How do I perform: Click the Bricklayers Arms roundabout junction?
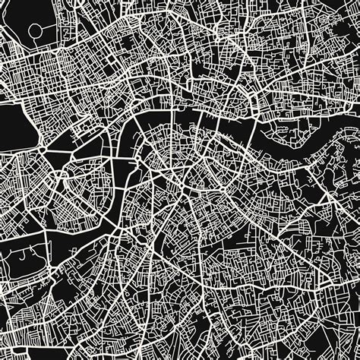click(x=231, y=187)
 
